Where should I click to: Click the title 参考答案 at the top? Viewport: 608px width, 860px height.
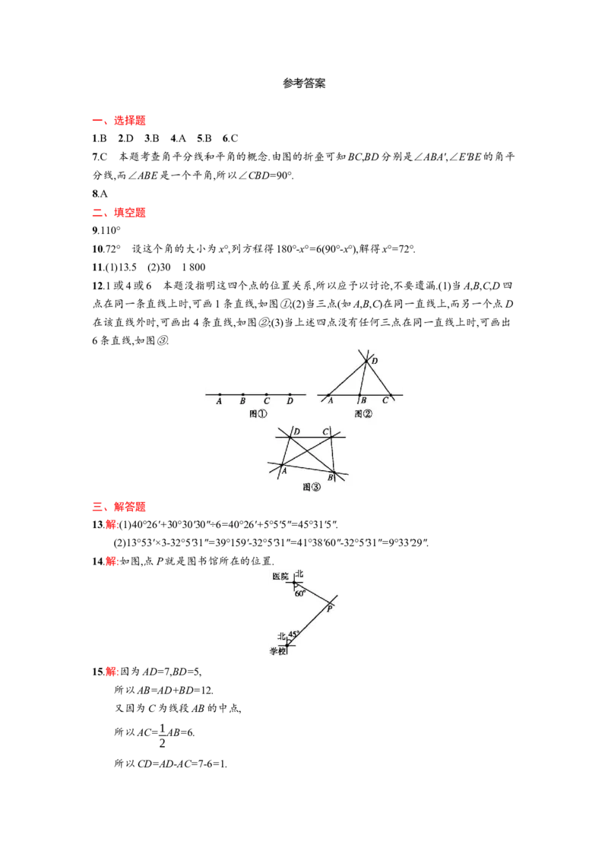(x=304, y=84)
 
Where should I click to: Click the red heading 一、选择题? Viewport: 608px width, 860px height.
(x=119, y=121)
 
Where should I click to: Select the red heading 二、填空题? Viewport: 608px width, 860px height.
(x=119, y=212)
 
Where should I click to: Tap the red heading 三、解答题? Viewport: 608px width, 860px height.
(x=119, y=506)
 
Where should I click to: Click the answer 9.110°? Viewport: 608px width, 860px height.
(x=106, y=230)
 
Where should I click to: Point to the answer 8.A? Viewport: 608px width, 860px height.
(x=100, y=194)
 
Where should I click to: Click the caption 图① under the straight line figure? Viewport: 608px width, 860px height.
(x=258, y=413)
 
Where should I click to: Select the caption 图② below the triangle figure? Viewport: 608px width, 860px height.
(x=363, y=413)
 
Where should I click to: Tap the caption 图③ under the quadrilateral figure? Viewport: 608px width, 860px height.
(x=311, y=487)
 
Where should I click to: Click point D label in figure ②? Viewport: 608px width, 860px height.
(x=375, y=361)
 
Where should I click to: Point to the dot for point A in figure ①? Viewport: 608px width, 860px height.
(x=220, y=394)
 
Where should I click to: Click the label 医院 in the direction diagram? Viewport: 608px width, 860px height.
(x=280, y=577)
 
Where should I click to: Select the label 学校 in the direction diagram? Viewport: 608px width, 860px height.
(x=277, y=651)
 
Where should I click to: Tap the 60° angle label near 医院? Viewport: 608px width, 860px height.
(x=300, y=593)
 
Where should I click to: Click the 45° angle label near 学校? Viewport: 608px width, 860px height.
(x=293, y=634)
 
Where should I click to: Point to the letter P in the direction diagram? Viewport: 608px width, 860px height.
(x=329, y=609)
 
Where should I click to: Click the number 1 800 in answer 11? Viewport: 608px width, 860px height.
(x=194, y=267)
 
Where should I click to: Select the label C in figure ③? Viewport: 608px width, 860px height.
(x=325, y=432)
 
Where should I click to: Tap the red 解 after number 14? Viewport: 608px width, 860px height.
(x=112, y=561)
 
